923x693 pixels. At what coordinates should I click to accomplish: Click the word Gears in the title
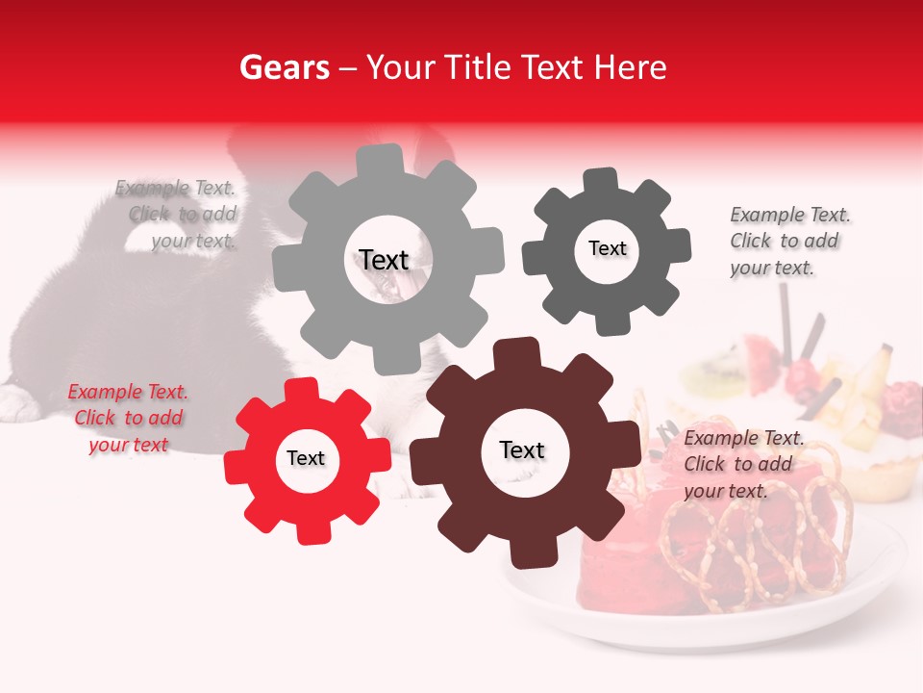coord(283,67)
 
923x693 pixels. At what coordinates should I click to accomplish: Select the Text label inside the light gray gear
coord(384,260)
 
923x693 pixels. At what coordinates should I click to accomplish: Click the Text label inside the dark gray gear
coord(607,248)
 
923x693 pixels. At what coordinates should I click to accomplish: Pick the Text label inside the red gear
coord(306,458)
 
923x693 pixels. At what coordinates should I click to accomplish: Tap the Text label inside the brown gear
coord(522,449)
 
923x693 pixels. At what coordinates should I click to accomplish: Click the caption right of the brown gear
coord(742,464)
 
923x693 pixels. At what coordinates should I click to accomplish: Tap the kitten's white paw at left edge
coord(16,401)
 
